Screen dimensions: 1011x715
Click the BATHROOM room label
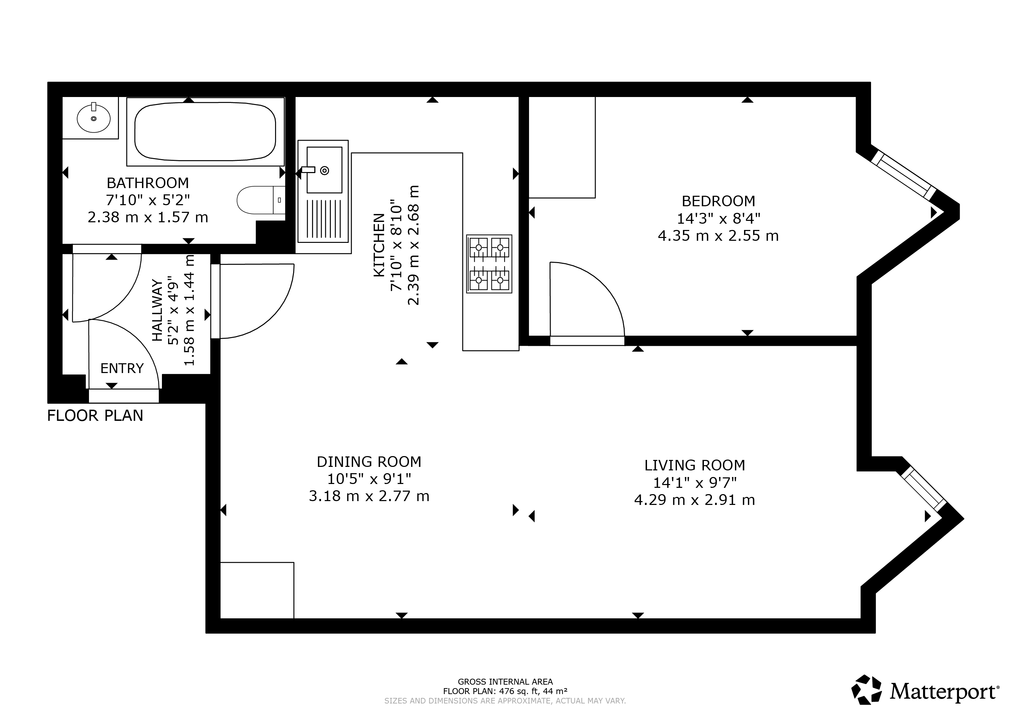(x=148, y=183)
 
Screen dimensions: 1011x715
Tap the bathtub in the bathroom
(x=205, y=132)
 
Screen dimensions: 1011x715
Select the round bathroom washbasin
(x=93, y=118)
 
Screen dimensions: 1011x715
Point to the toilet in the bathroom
(x=261, y=200)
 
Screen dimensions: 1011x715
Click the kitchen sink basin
(x=325, y=170)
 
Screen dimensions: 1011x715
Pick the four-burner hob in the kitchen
(x=489, y=264)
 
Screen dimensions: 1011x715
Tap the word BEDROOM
(x=718, y=201)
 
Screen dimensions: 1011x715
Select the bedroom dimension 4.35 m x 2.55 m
(x=718, y=236)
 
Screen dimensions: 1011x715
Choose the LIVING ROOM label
(x=695, y=466)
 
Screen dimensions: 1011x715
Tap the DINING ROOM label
(x=369, y=462)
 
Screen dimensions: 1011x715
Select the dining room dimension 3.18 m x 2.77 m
(x=369, y=496)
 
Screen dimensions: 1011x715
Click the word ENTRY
(x=122, y=368)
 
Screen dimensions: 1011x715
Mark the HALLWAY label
(x=157, y=310)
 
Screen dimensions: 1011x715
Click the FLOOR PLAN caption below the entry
(x=95, y=416)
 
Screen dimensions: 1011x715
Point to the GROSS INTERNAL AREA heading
(x=505, y=682)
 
